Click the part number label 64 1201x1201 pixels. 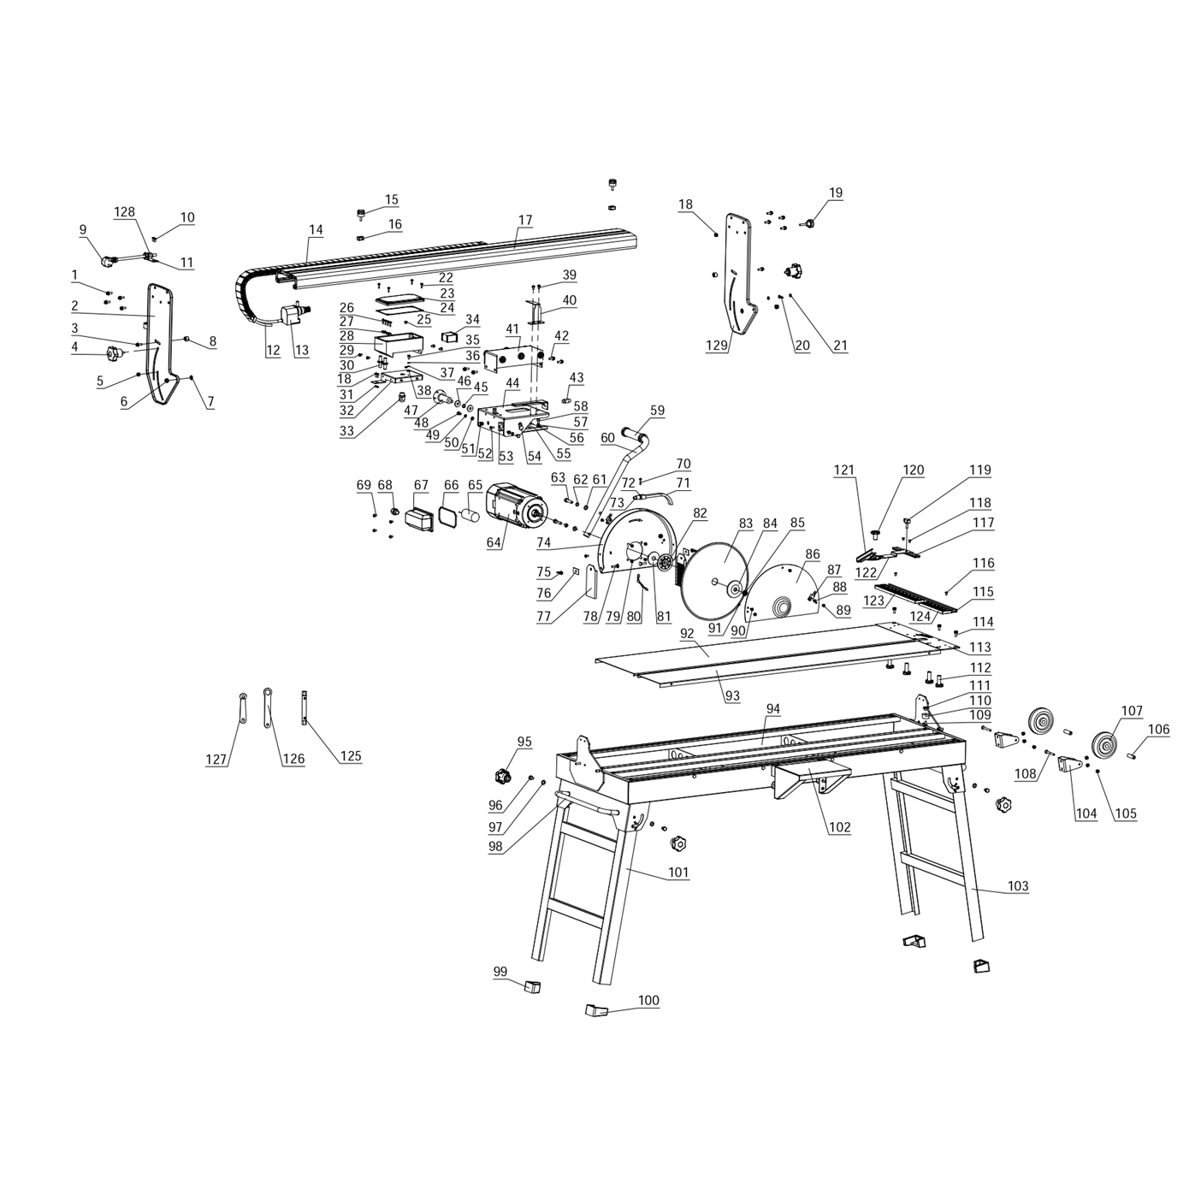[x=493, y=542]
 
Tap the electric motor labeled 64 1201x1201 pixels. [x=517, y=506]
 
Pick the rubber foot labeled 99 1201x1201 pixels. [x=532, y=986]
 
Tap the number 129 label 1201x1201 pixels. [x=717, y=344]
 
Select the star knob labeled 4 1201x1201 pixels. [x=115, y=355]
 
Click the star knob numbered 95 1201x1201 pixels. [x=502, y=777]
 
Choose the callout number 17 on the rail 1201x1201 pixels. [x=524, y=220]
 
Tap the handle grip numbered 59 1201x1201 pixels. [x=634, y=433]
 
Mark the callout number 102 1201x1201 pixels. [x=839, y=827]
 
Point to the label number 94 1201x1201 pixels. [x=772, y=708]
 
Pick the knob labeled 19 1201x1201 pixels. [x=808, y=223]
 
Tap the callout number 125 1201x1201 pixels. [x=351, y=756]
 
